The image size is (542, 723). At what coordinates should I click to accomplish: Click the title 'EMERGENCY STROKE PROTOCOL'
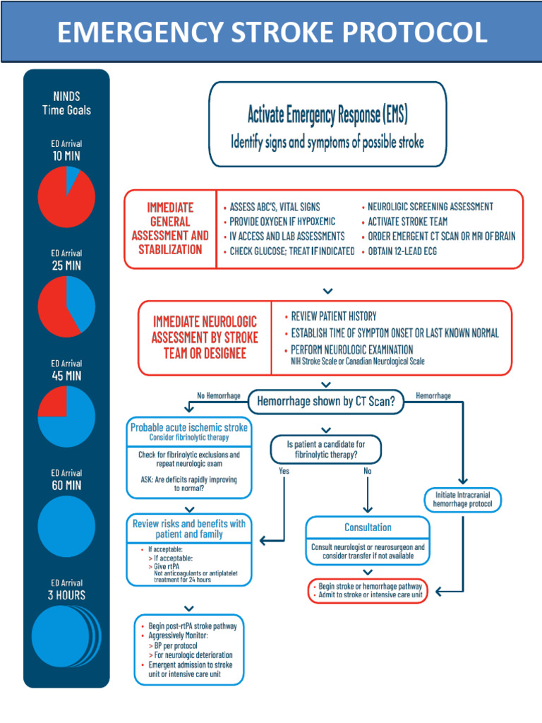click(272, 32)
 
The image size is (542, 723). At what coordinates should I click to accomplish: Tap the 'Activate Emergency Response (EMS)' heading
click(327, 114)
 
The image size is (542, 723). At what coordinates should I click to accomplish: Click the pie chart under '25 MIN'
click(66, 305)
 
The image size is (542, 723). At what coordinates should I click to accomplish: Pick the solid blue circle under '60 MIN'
click(66, 526)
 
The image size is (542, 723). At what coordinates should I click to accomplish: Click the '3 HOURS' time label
click(66, 595)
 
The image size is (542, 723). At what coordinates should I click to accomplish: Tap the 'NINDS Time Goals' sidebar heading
click(66, 103)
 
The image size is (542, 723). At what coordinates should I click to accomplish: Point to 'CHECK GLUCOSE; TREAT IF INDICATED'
click(291, 251)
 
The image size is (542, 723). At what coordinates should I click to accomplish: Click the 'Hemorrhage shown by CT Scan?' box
click(325, 402)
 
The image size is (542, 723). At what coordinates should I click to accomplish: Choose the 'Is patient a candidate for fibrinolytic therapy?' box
click(326, 450)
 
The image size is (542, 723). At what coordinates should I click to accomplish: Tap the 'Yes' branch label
click(284, 470)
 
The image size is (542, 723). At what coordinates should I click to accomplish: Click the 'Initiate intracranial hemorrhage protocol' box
click(464, 500)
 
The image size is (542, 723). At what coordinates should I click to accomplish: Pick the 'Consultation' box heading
click(368, 527)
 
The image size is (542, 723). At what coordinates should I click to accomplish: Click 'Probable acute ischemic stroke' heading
click(189, 428)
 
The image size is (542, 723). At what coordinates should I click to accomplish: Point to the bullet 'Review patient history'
click(334, 316)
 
